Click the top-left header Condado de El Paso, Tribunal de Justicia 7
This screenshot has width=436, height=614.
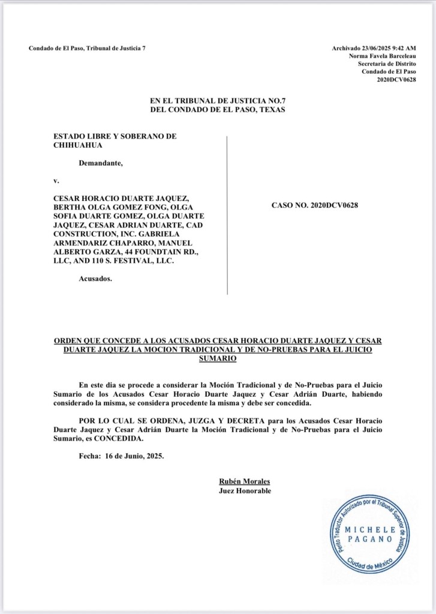(87, 48)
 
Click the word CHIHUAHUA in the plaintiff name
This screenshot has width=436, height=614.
(78, 145)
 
